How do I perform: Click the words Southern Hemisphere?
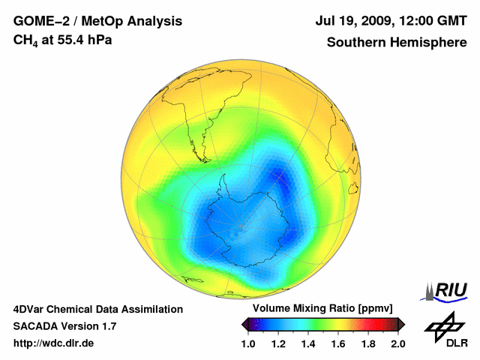[396, 42]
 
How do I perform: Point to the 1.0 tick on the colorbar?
[248, 343]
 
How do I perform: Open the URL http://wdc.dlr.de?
[54, 343]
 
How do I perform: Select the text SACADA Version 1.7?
[64, 326]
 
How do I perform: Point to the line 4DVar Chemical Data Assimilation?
[97, 309]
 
